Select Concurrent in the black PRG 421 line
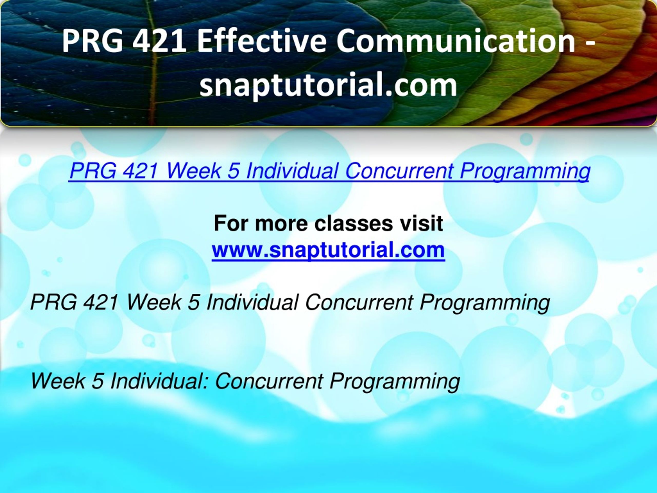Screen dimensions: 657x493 (x=360, y=302)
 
